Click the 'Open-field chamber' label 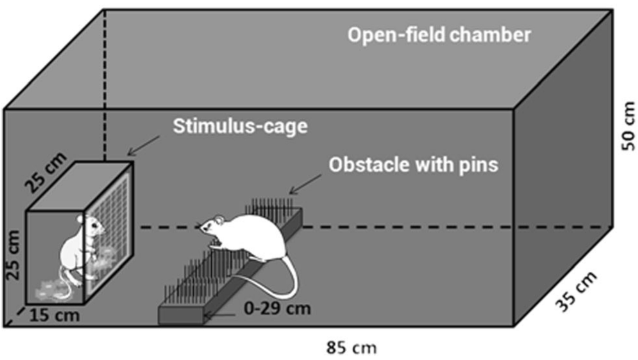[x=439, y=35]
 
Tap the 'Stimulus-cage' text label [x=240, y=127]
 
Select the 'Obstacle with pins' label [x=413, y=165]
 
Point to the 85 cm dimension [x=351, y=348]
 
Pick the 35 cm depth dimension [x=576, y=292]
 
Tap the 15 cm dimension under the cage [x=54, y=315]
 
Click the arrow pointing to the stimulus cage [x=143, y=146]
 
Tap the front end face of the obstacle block [x=181, y=316]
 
